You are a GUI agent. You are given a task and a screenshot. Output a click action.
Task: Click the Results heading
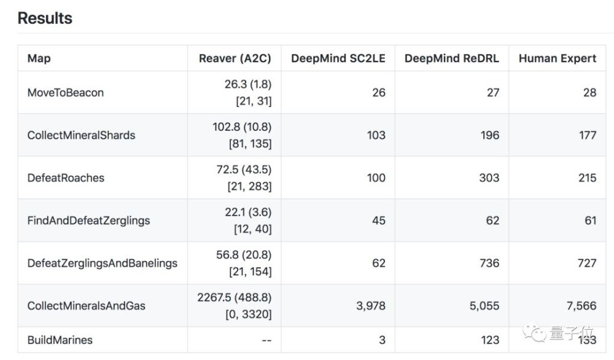point(45,18)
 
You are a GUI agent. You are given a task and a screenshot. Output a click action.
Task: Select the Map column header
point(39,58)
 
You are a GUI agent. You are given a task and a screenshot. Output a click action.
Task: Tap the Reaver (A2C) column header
point(235,58)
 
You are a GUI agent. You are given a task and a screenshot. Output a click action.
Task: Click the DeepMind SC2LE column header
point(338,58)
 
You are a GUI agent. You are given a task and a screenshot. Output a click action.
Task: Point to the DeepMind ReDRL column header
point(451,58)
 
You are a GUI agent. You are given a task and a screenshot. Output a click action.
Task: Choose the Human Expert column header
point(558,58)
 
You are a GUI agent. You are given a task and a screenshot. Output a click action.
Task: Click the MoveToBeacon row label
point(66,93)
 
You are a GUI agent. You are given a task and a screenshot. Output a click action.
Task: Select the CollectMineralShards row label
point(81,136)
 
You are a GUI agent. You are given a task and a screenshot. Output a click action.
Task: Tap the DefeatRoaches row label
point(66,178)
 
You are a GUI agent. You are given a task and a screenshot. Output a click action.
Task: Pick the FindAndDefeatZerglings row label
point(88,221)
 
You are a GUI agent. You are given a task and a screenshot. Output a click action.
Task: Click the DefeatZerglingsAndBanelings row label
point(102,264)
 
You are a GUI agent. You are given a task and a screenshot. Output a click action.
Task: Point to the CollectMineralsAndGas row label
point(86,306)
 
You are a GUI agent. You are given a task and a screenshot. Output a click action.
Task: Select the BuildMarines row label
point(60,340)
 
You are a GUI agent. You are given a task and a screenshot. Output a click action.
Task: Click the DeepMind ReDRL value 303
point(489,178)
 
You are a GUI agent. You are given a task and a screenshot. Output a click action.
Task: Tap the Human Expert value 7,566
point(581,306)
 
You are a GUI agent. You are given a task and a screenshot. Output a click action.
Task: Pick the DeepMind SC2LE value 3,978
point(371,306)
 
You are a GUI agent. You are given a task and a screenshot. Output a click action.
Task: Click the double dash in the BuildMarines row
point(266,340)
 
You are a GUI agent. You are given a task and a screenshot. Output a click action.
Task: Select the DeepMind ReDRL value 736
point(489,264)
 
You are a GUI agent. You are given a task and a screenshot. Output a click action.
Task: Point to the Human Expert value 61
point(591,221)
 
